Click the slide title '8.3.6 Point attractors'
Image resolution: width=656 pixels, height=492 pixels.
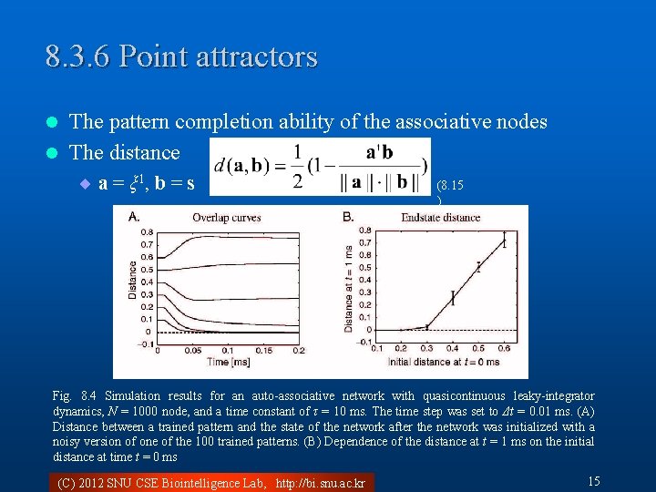point(181,56)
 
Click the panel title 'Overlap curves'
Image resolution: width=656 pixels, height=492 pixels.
point(226,217)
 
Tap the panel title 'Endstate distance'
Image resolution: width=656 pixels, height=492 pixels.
point(441,217)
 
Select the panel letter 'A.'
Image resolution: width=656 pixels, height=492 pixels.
point(133,217)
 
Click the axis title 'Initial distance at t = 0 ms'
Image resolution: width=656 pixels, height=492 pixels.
point(445,362)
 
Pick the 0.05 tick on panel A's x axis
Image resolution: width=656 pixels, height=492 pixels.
point(193,350)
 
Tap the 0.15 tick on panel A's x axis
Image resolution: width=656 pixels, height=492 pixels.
point(262,350)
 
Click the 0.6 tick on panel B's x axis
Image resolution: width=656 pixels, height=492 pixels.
point(504,349)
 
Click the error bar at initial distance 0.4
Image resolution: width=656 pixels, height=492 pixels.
point(453,297)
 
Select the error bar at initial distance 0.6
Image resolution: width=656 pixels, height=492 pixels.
point(504,241)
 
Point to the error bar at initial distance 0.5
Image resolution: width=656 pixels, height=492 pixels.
point(478,267)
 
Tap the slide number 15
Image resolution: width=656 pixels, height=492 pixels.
point(594,481)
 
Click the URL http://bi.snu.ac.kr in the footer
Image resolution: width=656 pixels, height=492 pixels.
point(320,482)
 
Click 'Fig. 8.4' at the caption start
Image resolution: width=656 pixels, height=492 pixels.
point(74,395)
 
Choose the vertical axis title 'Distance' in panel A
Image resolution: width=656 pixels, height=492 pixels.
point(133,281)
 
